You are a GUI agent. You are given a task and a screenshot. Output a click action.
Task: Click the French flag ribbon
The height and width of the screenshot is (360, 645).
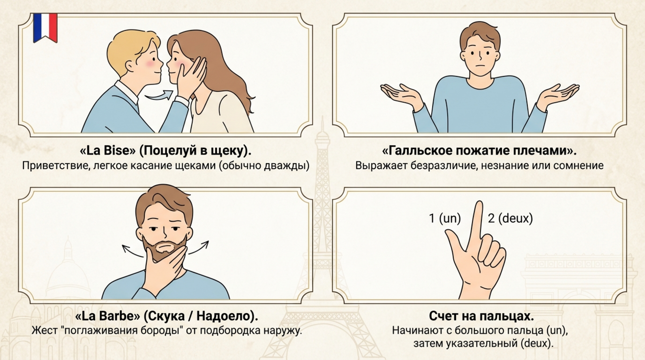[45, 28]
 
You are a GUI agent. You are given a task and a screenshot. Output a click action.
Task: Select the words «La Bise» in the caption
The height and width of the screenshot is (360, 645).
[105, 151]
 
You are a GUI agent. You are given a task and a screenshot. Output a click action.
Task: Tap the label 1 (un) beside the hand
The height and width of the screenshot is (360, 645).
[445, 218]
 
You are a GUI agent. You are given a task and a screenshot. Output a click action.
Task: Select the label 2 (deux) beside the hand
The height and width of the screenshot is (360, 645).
[510, 218]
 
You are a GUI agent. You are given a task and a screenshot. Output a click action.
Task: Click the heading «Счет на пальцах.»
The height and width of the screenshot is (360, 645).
[481, 316]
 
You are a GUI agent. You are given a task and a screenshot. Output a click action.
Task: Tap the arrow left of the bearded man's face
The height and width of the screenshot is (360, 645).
[132, 251]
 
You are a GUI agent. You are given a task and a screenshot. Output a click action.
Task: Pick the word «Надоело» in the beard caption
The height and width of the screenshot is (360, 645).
[224, 316]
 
